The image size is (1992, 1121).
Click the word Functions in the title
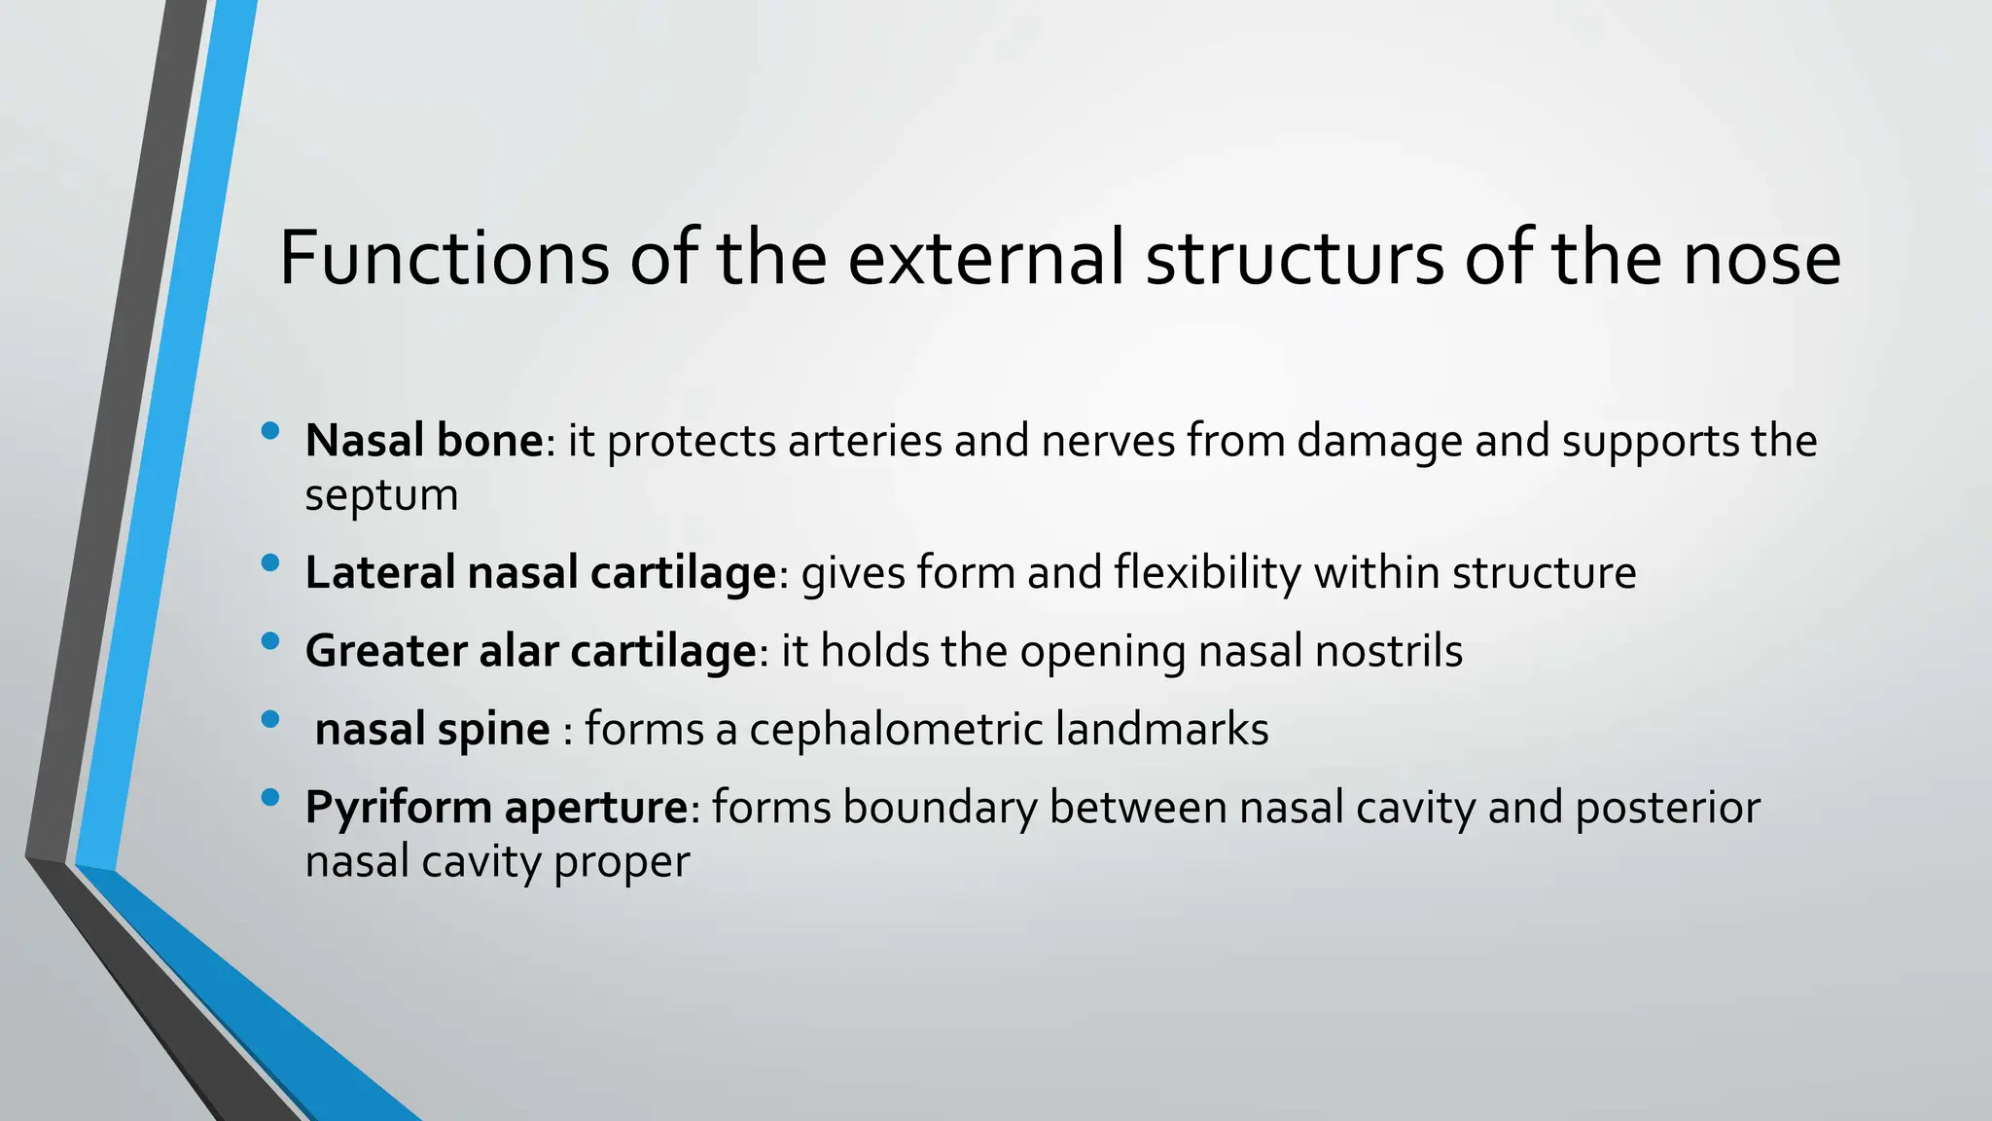click(x=444, y=258)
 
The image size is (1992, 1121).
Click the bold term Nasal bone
click(x=424, y=441)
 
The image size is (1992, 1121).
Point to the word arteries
click(x=865, y=441)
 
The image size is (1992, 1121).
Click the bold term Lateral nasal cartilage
click(x=541, y=572)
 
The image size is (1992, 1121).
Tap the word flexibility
click(x=1207, y=572)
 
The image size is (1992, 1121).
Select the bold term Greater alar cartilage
click(x=531, y=651)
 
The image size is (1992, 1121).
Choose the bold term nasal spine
click(x=433, y=729)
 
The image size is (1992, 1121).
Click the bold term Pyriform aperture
click(x=497, y=808)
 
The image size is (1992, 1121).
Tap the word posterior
click(x=1667, y=808)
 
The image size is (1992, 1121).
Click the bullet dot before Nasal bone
click(x=270, y=430)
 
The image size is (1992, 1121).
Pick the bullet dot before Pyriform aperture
click(x=270, y=798)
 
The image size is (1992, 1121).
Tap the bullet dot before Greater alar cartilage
click(x=270, y=640)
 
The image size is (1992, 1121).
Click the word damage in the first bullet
click(x=1379, y=441)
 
